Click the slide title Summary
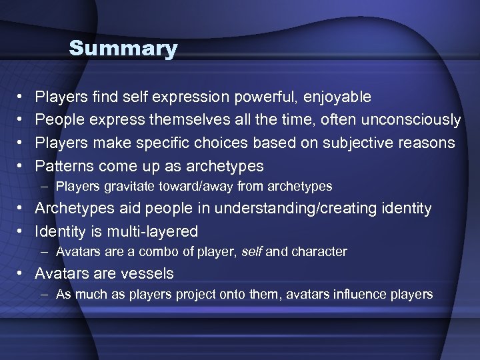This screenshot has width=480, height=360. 123,49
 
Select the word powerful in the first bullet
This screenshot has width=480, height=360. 267,97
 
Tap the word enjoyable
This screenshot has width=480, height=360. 337,97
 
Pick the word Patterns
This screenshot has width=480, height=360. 65,165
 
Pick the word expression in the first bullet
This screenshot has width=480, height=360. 191,97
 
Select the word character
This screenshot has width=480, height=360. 323,252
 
